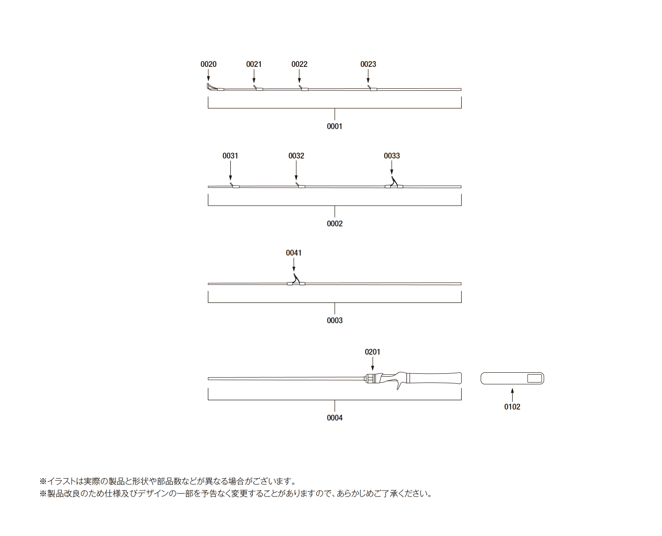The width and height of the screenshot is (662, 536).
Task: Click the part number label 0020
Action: click(208, 64)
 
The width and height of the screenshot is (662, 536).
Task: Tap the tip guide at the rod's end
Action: click(212, 87)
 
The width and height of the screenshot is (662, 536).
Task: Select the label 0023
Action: click(368, 64)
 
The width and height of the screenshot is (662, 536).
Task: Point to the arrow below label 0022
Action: click(299, 76)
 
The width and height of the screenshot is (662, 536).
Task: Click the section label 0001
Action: click(334, 126)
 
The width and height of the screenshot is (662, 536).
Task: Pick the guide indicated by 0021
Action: click(258, 88)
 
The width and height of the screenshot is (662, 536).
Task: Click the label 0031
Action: click(230, 156)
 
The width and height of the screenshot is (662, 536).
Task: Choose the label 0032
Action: click(296, 156)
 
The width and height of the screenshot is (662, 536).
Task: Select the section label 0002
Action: click(334, 224)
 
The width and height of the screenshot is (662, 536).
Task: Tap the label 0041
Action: click(294, 253)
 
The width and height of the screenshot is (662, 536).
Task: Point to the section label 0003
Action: click(334, 320)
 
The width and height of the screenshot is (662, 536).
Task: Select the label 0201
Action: click(372, 352)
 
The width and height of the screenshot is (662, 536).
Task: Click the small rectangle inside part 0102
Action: click(535, 378)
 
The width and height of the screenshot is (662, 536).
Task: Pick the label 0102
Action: click(512, 407)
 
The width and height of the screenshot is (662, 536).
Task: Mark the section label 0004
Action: click(334, 418)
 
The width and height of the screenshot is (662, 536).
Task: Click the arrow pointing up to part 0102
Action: click(512, 395)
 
